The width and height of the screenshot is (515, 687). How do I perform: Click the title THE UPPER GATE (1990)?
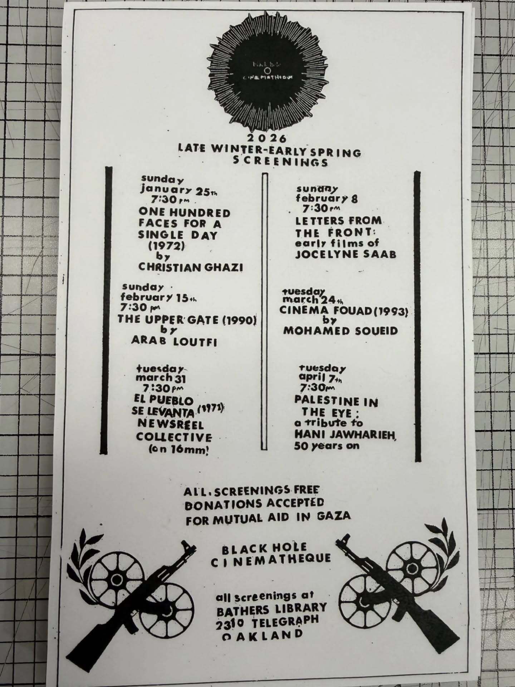(187, 320)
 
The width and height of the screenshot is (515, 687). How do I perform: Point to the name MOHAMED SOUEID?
(340, 331)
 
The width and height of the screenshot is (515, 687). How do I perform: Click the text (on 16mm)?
(178, 449)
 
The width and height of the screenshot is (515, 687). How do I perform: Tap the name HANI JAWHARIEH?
(345, 434)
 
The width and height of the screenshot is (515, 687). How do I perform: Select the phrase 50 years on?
(327, 446)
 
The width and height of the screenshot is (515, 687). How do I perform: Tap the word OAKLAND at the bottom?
(262, 635)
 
